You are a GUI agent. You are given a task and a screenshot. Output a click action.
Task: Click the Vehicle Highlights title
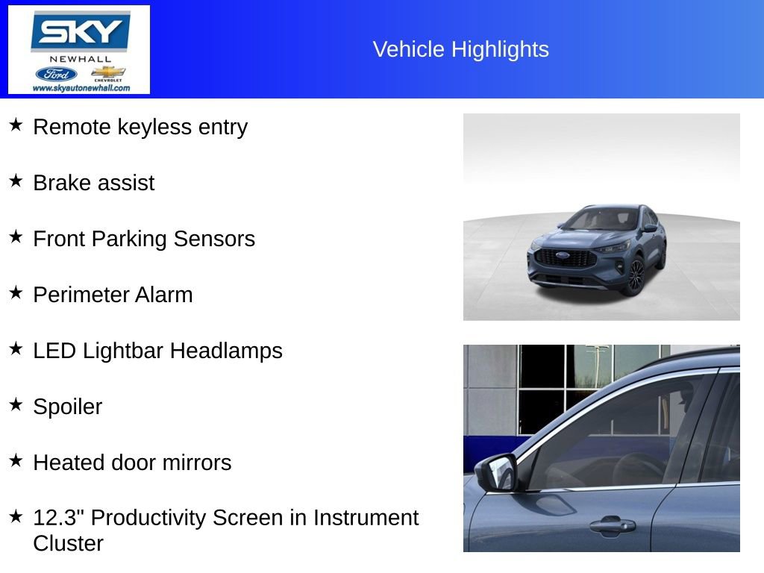[460, 49]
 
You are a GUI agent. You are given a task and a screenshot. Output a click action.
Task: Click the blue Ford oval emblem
[56, 74]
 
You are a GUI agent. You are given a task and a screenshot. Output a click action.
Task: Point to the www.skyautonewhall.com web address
[81, 88]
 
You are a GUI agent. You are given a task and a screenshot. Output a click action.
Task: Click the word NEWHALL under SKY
[80, 59]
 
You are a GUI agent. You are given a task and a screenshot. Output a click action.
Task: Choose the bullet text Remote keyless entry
[140, 127]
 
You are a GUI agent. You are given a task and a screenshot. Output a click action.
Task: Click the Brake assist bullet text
[94, 183]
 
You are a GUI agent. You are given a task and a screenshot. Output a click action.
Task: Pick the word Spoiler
[67, 407]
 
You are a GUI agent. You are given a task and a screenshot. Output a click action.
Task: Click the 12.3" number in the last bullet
[59, 518]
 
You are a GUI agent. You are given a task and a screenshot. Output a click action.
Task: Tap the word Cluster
[68, 543]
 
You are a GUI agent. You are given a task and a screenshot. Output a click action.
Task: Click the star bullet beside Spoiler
[16, 404]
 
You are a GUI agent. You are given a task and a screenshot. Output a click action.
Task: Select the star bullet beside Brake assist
[16, 181]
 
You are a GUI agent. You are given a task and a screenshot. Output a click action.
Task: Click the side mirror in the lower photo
[497, 472]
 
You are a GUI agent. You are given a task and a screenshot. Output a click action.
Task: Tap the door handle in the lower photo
[612, 525]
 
